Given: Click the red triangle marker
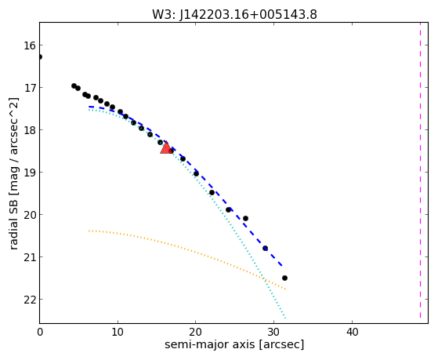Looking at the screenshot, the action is [166, 148].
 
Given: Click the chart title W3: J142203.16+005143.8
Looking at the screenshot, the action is [234, 15].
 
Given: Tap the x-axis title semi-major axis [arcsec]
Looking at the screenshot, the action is [234, 344].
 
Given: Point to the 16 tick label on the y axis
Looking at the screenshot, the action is [30, 45].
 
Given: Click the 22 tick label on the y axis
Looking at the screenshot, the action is [30, 300].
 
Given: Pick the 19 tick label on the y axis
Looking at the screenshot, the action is [30, 173].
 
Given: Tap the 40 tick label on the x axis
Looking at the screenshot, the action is [352, 332].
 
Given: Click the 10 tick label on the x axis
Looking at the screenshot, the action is [118, 332].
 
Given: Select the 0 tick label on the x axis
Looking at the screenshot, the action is [40, 332].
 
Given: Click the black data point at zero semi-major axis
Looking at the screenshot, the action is [40, 57].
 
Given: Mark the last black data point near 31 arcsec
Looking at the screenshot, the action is [284, 278].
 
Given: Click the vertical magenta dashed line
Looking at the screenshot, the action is [420, 170].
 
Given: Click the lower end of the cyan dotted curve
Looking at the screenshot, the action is [285, 318].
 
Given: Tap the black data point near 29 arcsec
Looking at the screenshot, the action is [265, 248].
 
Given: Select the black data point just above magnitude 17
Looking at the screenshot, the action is [74, 85].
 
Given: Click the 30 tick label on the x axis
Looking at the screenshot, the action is [273, 332].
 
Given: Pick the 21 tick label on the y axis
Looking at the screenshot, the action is [30, 257].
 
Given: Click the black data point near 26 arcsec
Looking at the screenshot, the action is [245, 219].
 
